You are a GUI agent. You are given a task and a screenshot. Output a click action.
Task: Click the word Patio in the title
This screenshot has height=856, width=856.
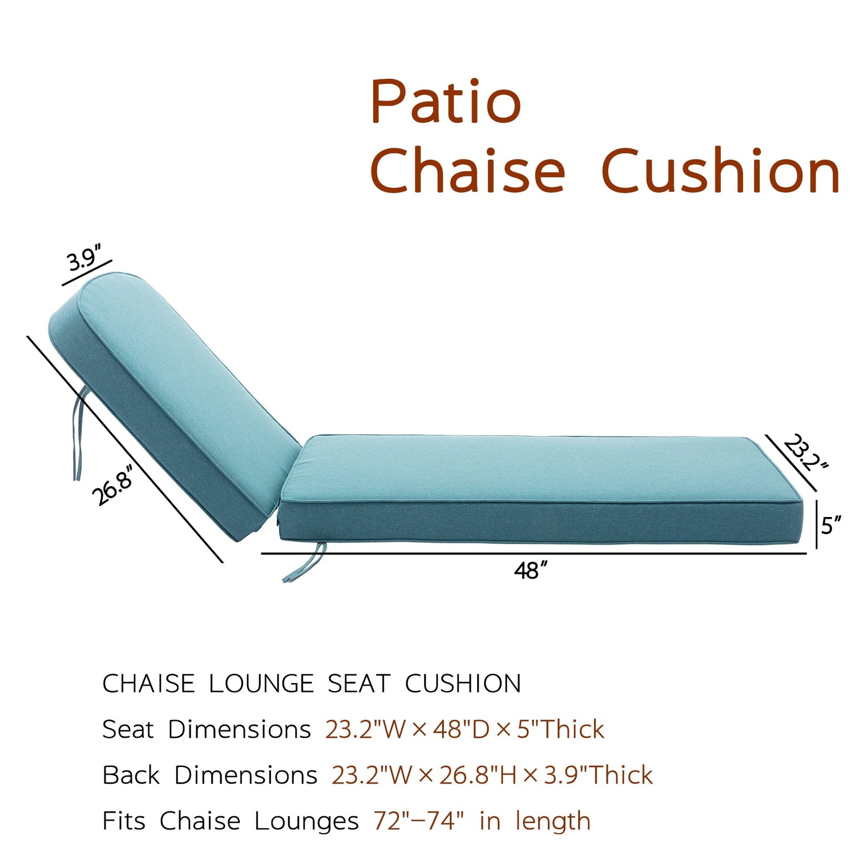(x=446, y=102)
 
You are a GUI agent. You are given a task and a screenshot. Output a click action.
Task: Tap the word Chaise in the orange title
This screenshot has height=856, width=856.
(x=467, y=170)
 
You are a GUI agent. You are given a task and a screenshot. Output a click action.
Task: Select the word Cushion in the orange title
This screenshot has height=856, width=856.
(x=721, y=170)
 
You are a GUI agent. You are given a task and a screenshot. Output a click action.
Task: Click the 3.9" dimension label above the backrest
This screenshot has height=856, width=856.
(x=84, y=259)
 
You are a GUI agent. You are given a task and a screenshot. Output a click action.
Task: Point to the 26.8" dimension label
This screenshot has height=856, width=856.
(x=114, y=485)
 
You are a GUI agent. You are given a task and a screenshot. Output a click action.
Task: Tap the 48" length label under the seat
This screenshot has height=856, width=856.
(x=531, y=571)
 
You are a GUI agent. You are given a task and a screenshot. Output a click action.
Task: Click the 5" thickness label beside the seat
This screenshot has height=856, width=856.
(x=831, y=525)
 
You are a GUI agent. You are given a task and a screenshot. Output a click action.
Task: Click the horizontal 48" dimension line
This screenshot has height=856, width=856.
(x=534, y=553)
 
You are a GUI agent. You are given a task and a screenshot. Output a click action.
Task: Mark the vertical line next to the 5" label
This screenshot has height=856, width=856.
(x=817, y=524)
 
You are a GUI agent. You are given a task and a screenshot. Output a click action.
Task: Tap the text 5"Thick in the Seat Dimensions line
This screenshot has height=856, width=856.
(x=560, y=729)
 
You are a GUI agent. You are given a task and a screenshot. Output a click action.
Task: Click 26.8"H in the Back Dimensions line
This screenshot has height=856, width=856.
(x=477, y=775)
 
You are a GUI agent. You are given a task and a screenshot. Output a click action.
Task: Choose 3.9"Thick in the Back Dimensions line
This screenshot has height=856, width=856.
(x=598, y=775)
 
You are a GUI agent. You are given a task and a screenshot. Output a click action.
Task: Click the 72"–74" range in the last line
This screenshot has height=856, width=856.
(x=419, y=821)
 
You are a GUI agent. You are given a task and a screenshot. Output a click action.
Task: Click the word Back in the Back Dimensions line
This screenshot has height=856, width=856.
(x=131, y=775)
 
